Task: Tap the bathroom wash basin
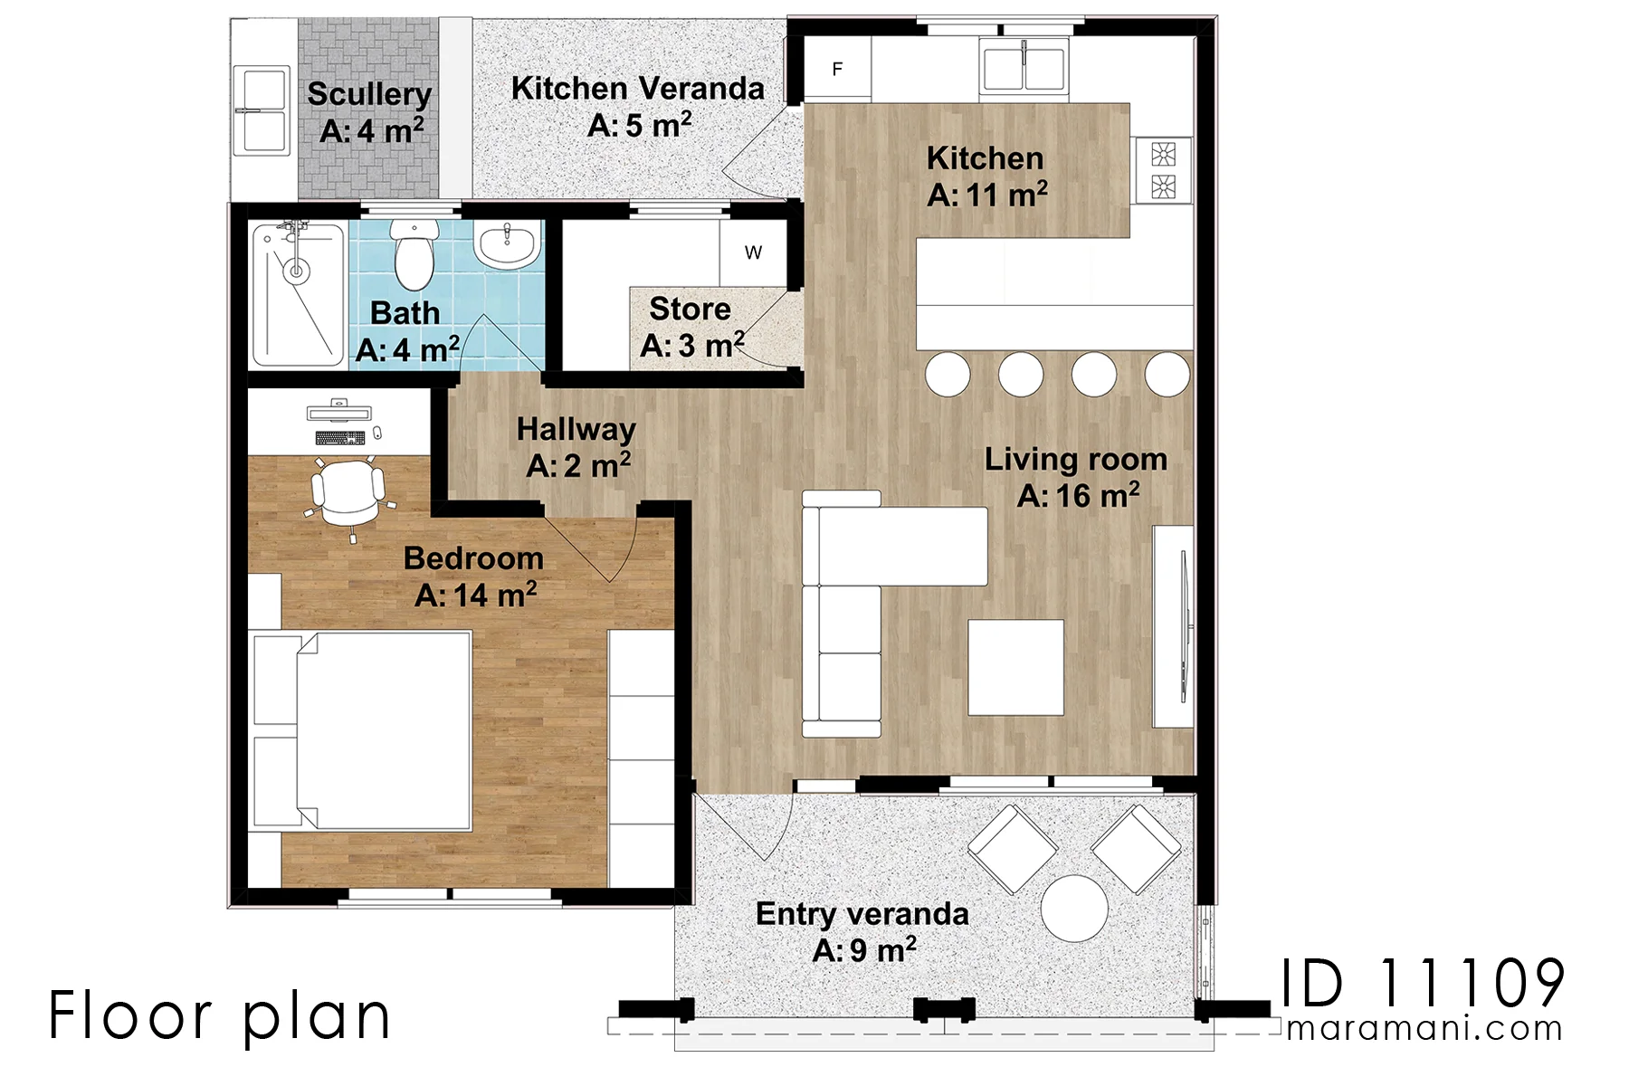pyautogui.click(x=509, y=245)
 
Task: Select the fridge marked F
pyautogui.click(x=838, y=69)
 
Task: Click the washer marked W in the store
pyautogui.click(x=753, y=253)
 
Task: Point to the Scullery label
pyautogui.click(x=369, y=93)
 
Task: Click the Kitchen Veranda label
pyautogui.click(x=638, y=89)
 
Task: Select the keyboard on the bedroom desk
pyautogui.click(x=341, y=438)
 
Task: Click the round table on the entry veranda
pyautogui.click(x=1074, y=908)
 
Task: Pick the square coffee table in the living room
pyautogui.click(x=1016, y=667)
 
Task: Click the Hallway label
pyautogui.click(x=576, y=429)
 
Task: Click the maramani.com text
pyautogui.click(x=1424, y=1029)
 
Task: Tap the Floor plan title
pyautogui.click(x=219, y=1016)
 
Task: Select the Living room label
pyautogui.click(x=1076, y=460)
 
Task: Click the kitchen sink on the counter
pyautogui.click(x=1024, y=67)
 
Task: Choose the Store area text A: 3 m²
pyautogui.click(x=692, y=346)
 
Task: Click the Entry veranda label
pyautogui.click(x=862, y=914)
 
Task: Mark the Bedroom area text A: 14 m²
pyautogui.click(x=476, y=595)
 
